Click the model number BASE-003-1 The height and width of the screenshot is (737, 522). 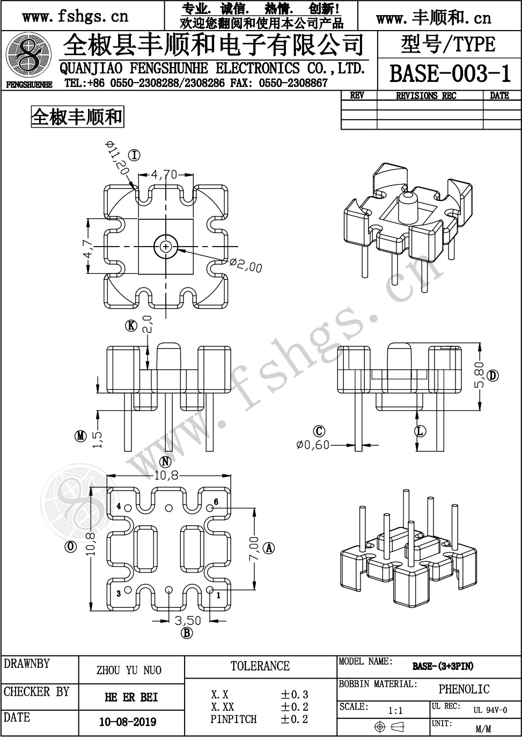click(450, 74)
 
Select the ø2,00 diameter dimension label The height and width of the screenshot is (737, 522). click(246, 265)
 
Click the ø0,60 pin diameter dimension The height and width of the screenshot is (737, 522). click(313, 445)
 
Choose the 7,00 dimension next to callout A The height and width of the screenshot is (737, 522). click(254, 548)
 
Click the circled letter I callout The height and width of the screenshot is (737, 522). click(134, 155)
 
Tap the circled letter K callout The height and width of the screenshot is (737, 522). click(131, 326)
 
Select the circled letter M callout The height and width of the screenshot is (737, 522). click(80, 436)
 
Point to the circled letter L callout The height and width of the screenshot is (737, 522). click(420, 431)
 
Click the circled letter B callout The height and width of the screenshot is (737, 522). click(187, 632)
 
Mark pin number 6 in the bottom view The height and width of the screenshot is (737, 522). click(216, 501)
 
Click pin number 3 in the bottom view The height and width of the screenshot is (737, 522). click(119, 593)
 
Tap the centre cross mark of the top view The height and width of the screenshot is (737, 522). click(166, 247)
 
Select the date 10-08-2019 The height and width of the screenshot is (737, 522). click(128, 721)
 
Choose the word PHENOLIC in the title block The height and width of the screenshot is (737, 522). click(464, 689)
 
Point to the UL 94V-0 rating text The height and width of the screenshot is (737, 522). click(490, 710)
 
